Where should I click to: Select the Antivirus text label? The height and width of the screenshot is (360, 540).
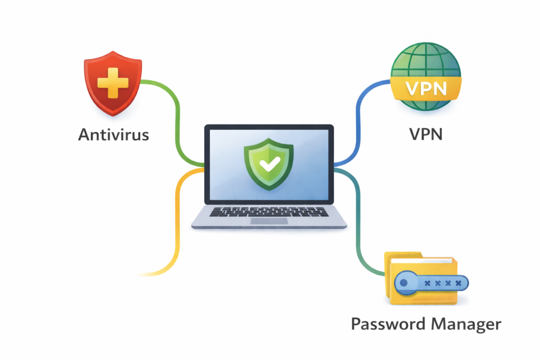click(x=113, y=134)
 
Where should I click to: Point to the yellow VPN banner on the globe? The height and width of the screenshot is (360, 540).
click(x=426, y=87)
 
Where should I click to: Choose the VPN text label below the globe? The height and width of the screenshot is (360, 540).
click(x=426, y=134)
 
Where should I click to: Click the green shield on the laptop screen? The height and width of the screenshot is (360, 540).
click(x=268, y=164)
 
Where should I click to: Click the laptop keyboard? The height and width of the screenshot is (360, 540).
click(x=268, y=211)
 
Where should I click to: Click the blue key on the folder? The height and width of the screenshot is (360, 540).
click(x=430, y=284)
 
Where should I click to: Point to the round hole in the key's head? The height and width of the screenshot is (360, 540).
click(x=404, y=284)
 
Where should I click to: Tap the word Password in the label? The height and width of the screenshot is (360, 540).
click(x=389, y=324)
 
